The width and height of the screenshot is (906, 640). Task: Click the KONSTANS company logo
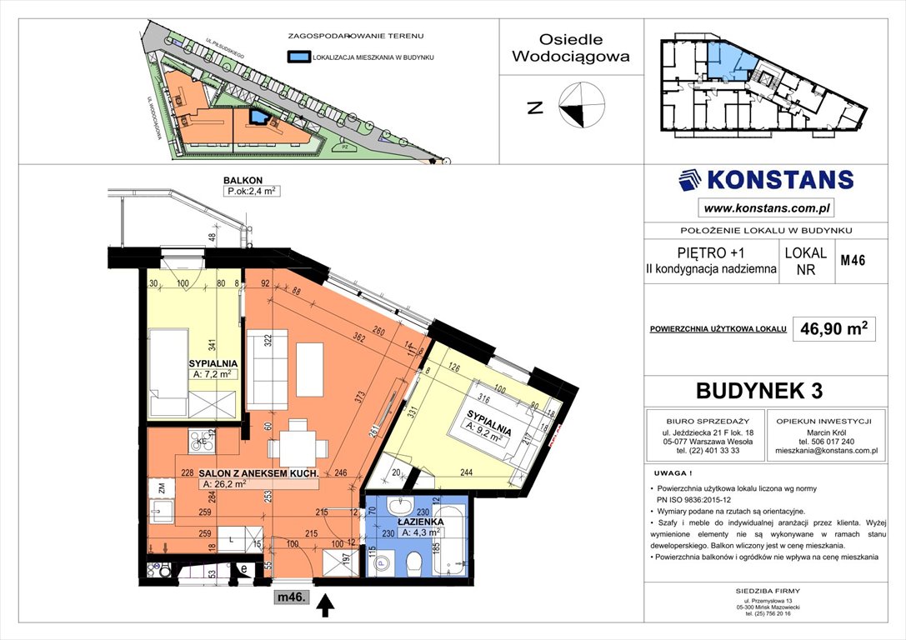(765, 180)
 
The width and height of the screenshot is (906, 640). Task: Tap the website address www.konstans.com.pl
(766, 208)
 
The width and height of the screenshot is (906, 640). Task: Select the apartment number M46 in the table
(852, 261)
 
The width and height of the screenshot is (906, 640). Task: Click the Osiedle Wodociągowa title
(571, 48)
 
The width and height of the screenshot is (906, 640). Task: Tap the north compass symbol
(581, 107)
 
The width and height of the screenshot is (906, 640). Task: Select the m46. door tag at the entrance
(293, 597)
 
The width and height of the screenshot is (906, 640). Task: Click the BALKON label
(243, 179)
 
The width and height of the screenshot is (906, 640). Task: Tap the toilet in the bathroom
(412, 565)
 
